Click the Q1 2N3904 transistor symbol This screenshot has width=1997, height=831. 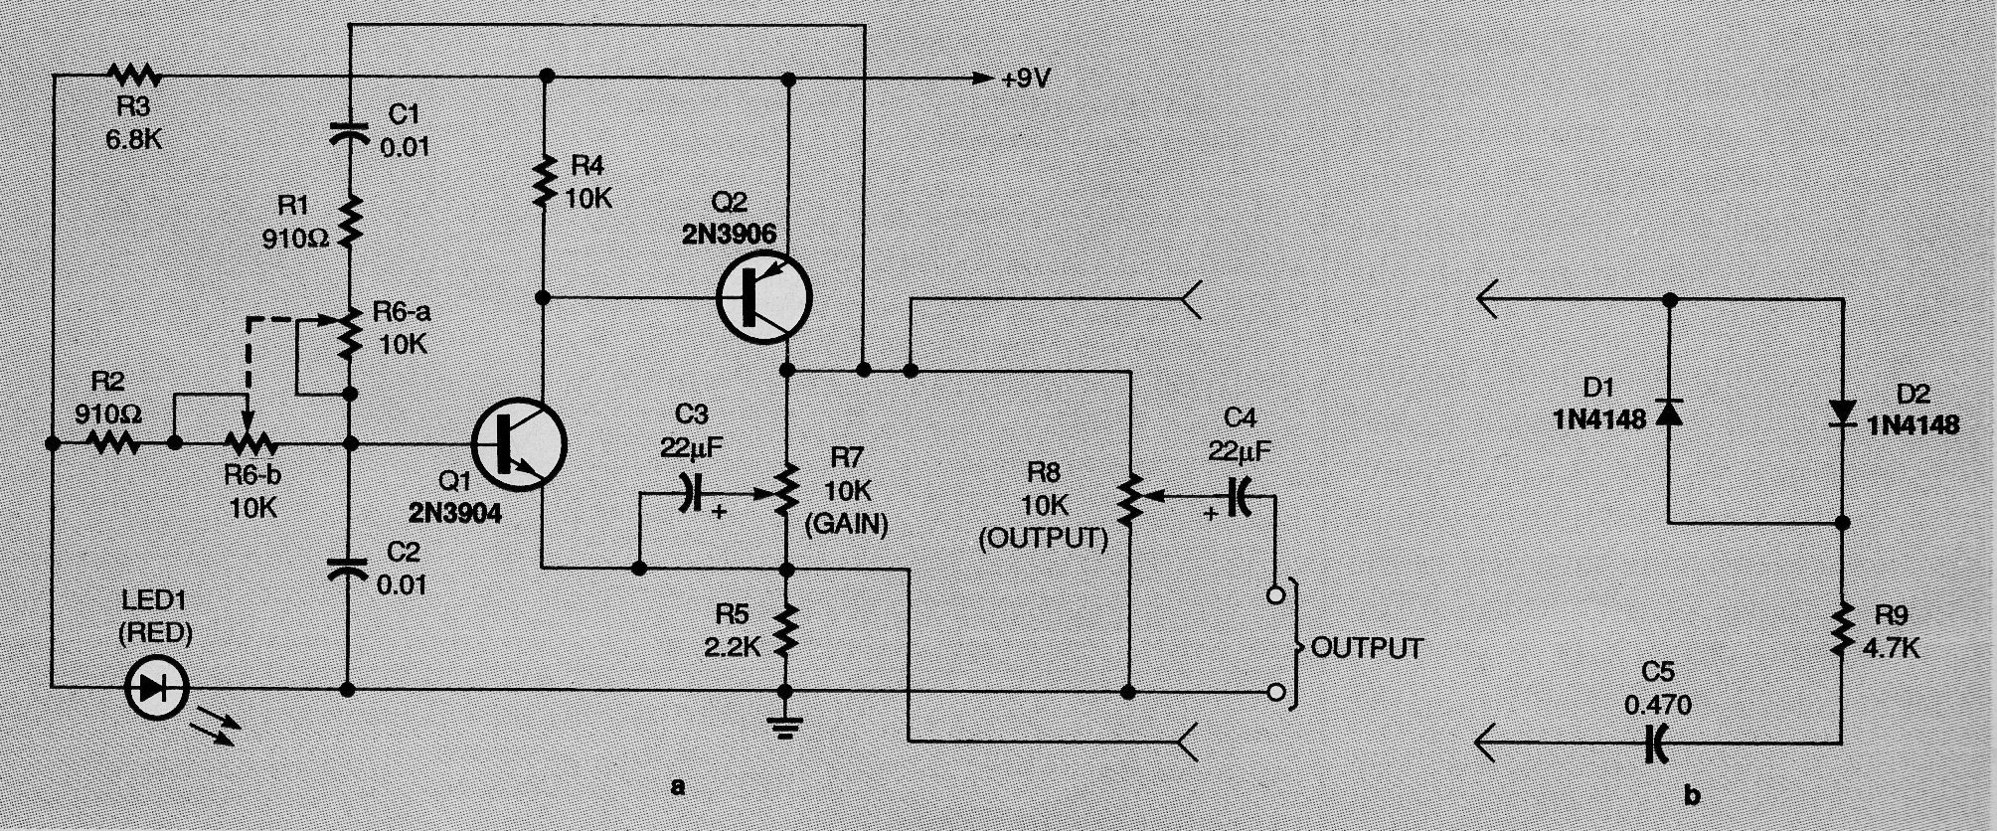pyautogui.click(x=518, y=446)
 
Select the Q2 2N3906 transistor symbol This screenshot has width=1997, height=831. pyautogui.click(x=763, y=296)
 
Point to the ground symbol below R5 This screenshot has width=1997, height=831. pyautogui.click(x=786, y=731)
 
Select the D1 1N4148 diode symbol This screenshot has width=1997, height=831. pyautogui.click(x=1669, y=412)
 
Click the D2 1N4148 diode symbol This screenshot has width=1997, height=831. pyautogui.click(x=1842, y=412)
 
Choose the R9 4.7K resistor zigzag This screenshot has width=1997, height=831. pyautogui.click(x=1842, y=628)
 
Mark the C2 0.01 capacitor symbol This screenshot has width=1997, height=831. pyautogui.click(x=349, y=567)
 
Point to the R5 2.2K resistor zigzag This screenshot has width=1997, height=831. pyautogui.click(x=786, y=628)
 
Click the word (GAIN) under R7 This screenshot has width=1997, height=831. pyautogui.click(x=848, y=523)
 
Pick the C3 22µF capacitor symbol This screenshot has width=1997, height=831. pyautogui.click(x=685, y=493)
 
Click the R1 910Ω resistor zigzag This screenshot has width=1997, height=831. pyautogui.click(x=350, y=223)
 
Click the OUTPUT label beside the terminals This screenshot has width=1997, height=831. pyautogui.click(x=1367, y=647)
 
